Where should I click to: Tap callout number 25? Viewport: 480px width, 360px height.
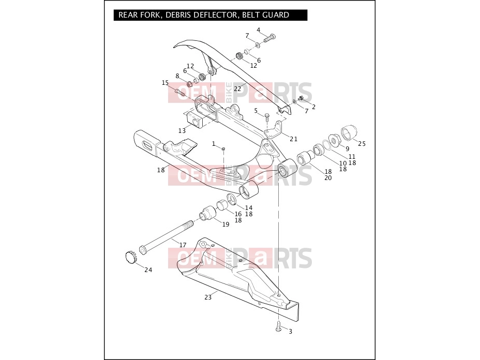pos(362,144)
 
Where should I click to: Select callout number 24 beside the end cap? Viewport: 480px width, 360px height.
pos(148,269)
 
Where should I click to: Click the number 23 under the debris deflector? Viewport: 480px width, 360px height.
pos(208,297)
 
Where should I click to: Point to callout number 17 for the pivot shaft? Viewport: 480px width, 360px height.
pos(183,245)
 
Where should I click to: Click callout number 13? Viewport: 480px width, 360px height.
pos(182,131)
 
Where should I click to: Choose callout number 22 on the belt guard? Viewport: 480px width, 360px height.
pos(237,89)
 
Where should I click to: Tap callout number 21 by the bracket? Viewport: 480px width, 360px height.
pos(294,139)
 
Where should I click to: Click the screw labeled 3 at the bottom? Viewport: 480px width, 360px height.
pos(279,325)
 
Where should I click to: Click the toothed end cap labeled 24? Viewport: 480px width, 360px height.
pos(131,257)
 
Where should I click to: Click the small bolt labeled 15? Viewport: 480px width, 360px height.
pos(179,92)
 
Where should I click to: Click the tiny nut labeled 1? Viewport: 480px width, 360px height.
pos(223,148)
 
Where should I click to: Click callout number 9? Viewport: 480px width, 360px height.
pos(347,149)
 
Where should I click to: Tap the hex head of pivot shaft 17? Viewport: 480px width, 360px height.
pos(143,249)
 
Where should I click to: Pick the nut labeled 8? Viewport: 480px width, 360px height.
pos(189,83)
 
